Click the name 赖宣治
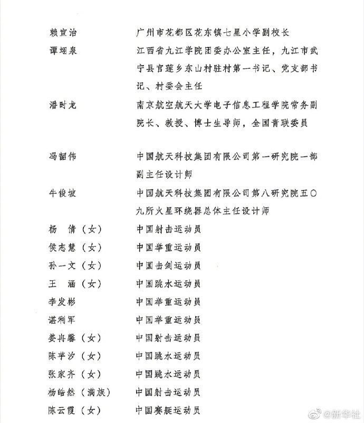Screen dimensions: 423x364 (62, 32)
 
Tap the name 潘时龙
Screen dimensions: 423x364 (62, 105)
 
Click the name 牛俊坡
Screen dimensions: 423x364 (62, 193)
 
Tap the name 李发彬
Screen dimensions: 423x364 (62, 302)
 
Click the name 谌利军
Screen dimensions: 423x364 (62, 320)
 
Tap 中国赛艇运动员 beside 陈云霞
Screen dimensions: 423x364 (168, 410)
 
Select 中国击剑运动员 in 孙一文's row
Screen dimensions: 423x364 (168, 265)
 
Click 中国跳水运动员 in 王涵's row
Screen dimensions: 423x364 (168, 284)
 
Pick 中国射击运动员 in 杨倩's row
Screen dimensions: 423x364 (168, 229)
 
